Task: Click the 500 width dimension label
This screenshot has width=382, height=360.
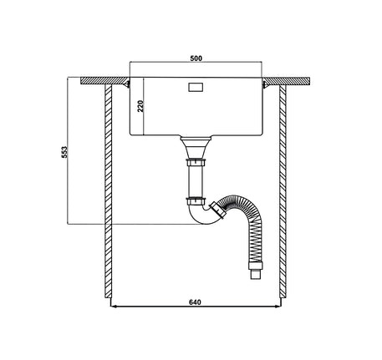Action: pyautogui.click(x=196, y=58)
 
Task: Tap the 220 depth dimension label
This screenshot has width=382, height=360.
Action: pyautogui.click(x=140, y=106)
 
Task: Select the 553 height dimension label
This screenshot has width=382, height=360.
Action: pyautogui.click(x=64, y=152)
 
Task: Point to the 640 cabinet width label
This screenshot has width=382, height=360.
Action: pyautogui.click(x=195, y=302)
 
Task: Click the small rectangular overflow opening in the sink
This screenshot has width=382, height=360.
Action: pyautogui.click(x=196, y=87)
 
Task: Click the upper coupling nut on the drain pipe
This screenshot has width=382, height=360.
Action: pyautogui.click(x=196, y=162)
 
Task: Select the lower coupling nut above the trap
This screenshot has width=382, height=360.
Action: pyautogui.click(x=196, y=200)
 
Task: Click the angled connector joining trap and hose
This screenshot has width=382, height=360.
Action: pyautogui.click(x=217, y=210)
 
